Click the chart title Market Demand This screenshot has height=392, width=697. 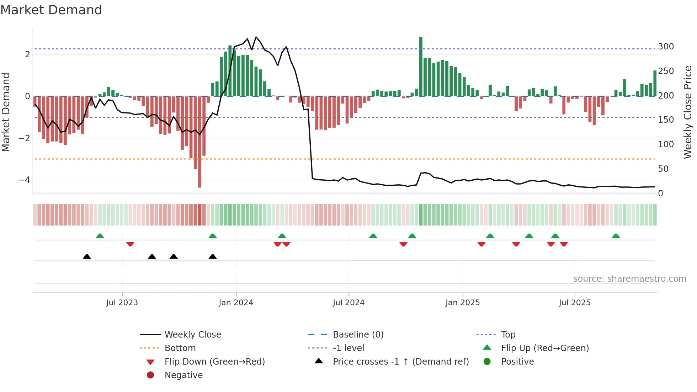click(x=51, y=10)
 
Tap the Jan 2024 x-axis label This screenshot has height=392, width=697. click(x=236, y=303)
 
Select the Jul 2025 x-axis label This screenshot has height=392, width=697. click(x=574, y=303)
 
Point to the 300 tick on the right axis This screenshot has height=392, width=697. click(x=666, y=47)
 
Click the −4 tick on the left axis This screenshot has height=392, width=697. click(x=24, y=180)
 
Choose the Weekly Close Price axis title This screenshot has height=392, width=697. click(x=688, y=112)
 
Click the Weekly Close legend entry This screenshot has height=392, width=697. click(x=192, y=335)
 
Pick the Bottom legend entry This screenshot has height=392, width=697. click(x=180, y=348)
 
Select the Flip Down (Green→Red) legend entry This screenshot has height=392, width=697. click(x=214, y=362)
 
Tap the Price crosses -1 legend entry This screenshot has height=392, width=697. click(x=400, y=362)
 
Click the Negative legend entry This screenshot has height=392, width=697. click(x=183, y=375)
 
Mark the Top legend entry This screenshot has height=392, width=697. click(x=508, y=335)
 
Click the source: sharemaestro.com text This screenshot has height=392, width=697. click(x=629, y=279)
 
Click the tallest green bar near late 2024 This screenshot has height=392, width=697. click(x=421, y=66)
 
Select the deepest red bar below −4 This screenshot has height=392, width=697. click(x=199, y=142)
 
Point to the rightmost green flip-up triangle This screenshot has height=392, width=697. click(x=616, y=236)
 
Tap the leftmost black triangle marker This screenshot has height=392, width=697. click(x=87, y=256)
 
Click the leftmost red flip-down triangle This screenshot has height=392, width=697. click(x=130, y=244)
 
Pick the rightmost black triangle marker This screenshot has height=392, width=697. click(x=213, y=256)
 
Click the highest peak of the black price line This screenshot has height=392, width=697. click(x=256, y=37)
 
